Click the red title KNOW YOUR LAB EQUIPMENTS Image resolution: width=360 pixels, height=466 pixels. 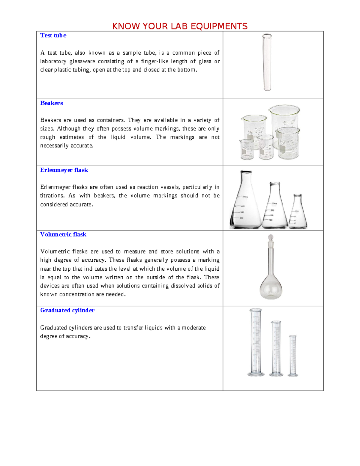pyautogui.click(x=180, y=26)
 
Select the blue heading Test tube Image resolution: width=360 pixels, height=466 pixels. pyautogui.click(x=53, y=35)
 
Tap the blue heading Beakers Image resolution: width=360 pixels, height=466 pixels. pyautogui.click(x=51, y=103)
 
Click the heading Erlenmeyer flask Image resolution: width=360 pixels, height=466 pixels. pyautogui.click(x=64, y=170)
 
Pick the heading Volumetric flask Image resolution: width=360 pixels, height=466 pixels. pyautogui.click(x=63, y=235)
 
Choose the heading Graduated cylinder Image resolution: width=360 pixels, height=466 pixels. pyautogui.click(x=67, y=311)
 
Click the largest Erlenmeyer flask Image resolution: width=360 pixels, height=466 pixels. pyautogui.click(x=245, y=204)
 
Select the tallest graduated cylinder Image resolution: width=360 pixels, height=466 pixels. pyautogui.click(x=256, y=342)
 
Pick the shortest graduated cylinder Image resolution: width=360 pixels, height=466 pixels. pyautogui.click(x=293, y=356)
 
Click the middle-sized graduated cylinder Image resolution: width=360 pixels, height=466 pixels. pyautogui.click(x=276, y=348)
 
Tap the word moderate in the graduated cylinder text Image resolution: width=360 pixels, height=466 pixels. pyautogui.click(x=193, y=328)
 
